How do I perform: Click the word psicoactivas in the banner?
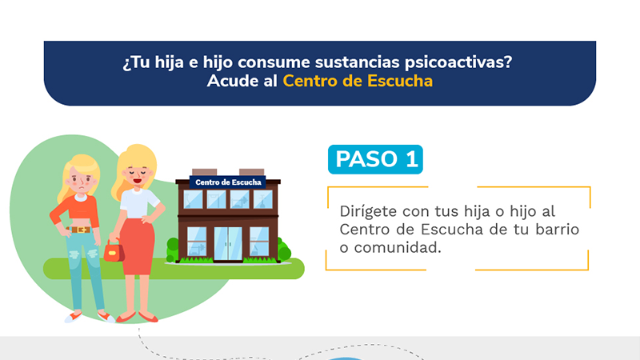tap(458, 63)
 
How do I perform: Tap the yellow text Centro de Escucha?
tap(358, 81)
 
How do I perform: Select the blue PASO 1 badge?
tap(375, 159)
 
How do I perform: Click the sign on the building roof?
tap(228, 182)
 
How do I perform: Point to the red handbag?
tap(114, 250)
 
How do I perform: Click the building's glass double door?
tap(228, 244)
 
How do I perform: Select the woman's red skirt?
tap(138, 246)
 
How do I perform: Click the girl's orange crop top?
tap(76, 210)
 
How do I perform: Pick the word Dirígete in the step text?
tap(369, 211)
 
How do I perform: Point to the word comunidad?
tap(398, 247)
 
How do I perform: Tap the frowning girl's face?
tap(82, 182)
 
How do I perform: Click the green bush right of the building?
tap(284, 249)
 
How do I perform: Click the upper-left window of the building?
tap(193, 200)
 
